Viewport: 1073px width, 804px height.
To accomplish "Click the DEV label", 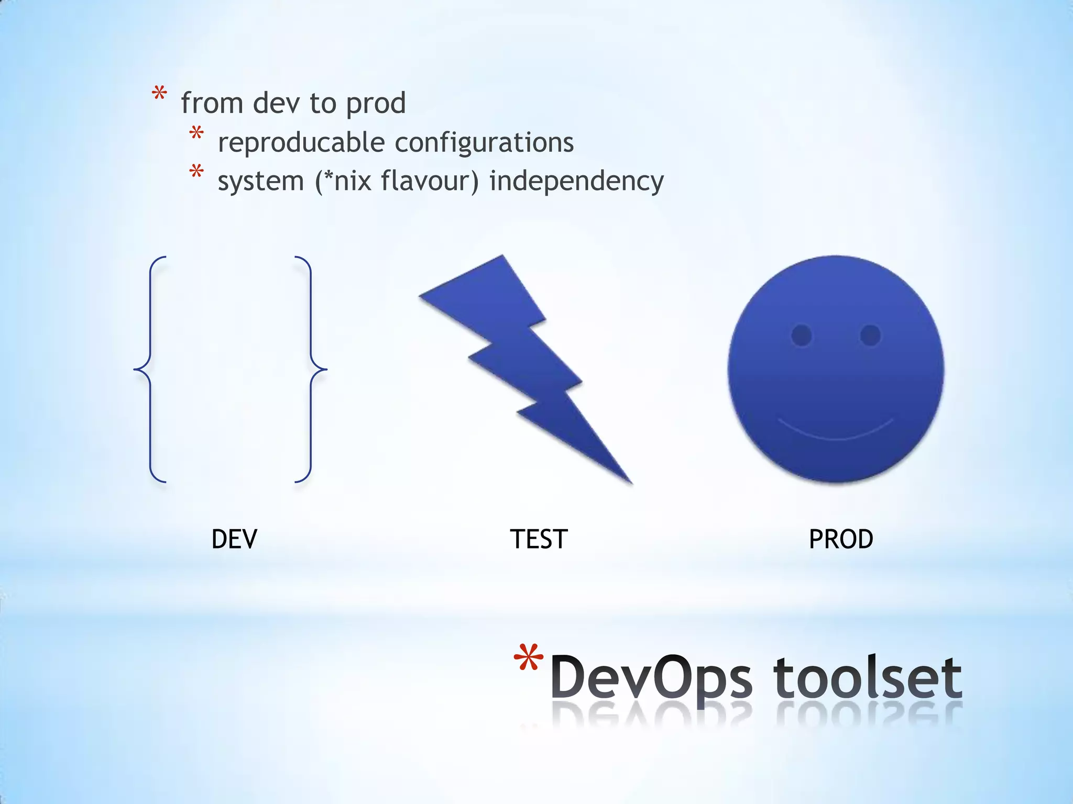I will pos(234,539).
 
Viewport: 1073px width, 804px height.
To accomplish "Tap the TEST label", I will pos(539,539).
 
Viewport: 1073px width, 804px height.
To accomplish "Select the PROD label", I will pos(841,539).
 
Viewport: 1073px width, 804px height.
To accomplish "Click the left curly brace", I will pos(150,369).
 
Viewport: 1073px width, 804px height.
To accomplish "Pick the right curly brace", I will pos(311,369).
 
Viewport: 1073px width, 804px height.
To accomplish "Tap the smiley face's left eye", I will pos(802,335).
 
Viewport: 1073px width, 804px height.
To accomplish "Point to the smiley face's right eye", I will pos(870,335).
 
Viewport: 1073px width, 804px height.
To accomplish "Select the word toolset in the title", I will pos(867,678).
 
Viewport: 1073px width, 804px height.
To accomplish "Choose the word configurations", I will pos(484,142).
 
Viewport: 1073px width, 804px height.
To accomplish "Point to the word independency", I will pos(576,182).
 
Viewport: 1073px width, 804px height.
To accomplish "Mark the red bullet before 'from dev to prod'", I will pos(159,95).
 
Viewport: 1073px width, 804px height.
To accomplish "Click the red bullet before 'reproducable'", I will pos(196,133).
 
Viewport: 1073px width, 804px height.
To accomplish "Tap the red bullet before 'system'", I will pos(196,172).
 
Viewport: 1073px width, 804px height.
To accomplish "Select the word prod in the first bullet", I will pos(376,104).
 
